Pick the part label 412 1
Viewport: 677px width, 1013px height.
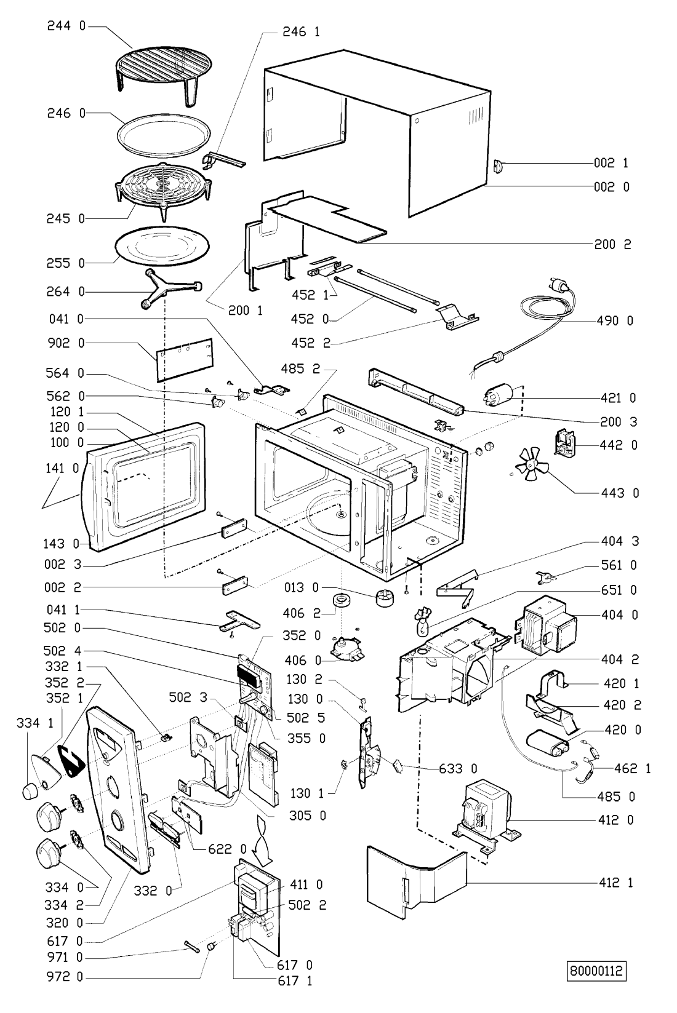tap(615, 883)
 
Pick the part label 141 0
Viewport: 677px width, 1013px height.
tap(63, 469)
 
